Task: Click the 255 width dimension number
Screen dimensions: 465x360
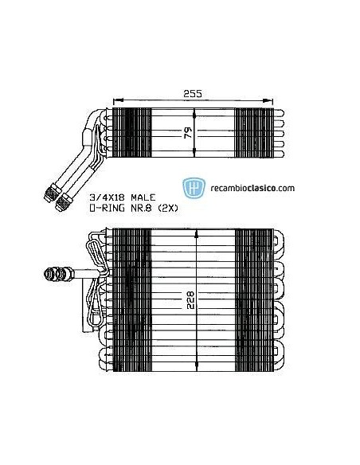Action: click(x=190, y=93)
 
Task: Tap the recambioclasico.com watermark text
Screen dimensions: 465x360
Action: click(x=250, y=189)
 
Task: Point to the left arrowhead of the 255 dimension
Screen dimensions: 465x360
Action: click(x=117, y=101)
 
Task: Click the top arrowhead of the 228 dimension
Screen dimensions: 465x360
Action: click(x=197, y=234)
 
